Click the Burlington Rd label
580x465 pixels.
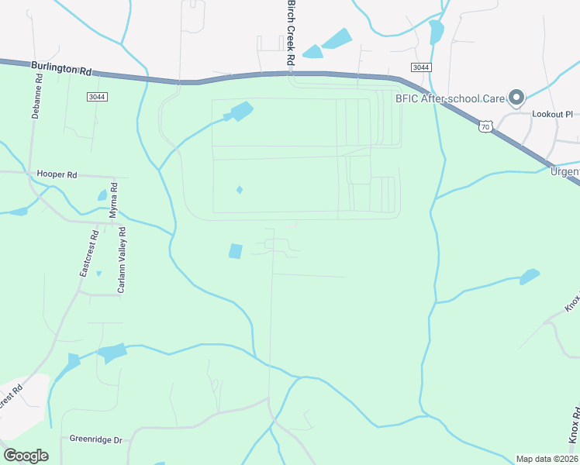click(x=62, y=69)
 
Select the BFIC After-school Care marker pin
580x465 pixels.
click(x=516, y=98)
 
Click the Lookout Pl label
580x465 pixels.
click(x=551, y=114)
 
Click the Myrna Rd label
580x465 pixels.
click(x=113, y=198)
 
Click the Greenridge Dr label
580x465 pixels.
click(x=96, y=439)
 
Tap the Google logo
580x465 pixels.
click(x=26, y=455)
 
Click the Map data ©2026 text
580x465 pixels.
click(x=547, y=459)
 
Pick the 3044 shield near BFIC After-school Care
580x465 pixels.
click(x=420, y=67)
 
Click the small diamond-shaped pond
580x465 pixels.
click(x=240, y=190)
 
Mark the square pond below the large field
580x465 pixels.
click(x=235, y=251)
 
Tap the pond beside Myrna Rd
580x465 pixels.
click(x=102, y=195)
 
